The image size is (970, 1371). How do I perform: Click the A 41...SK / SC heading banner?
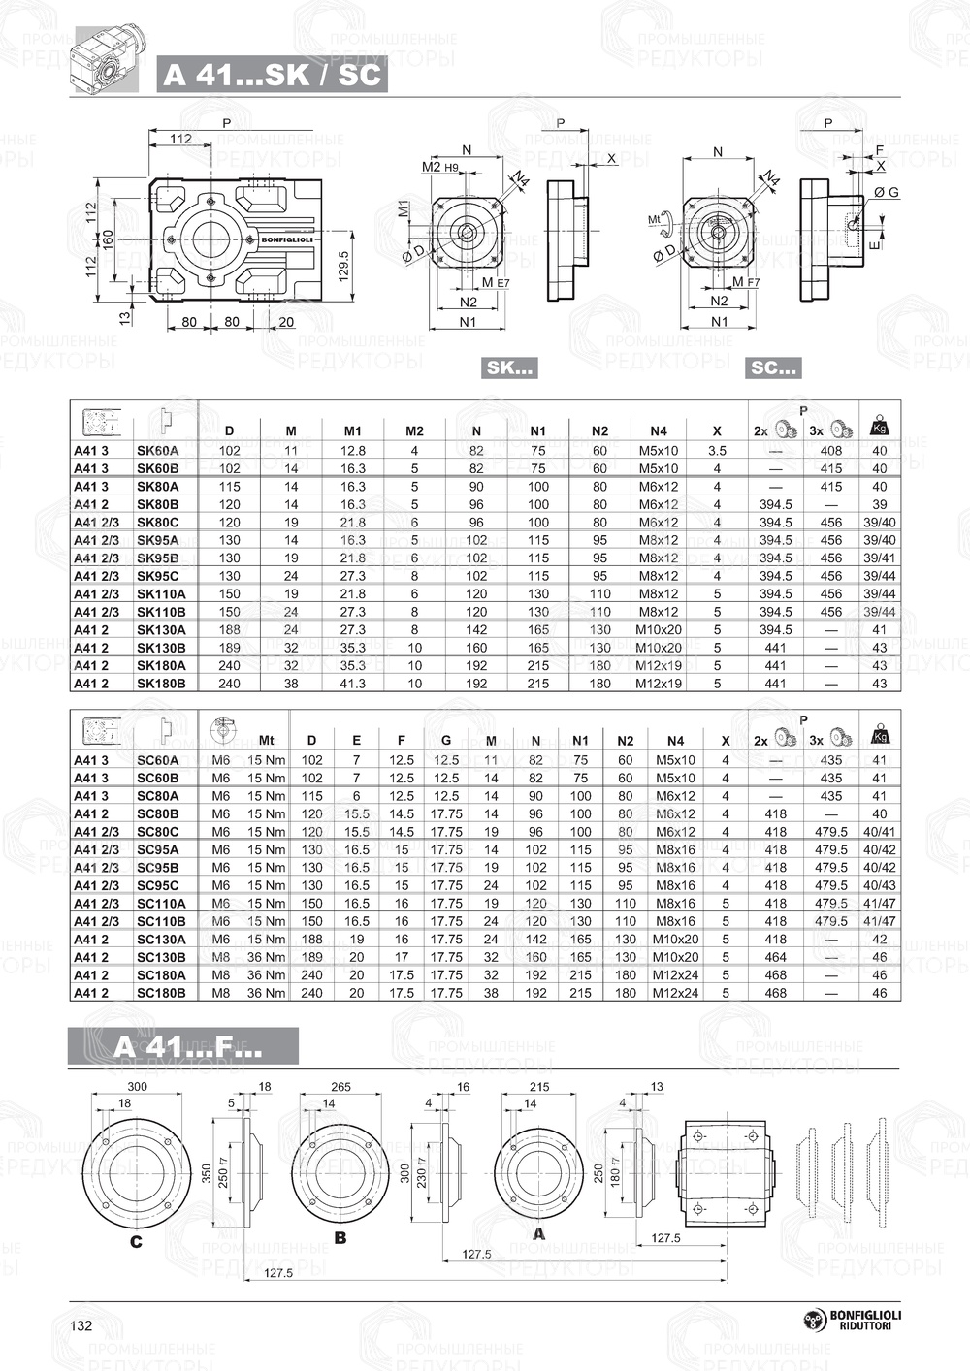pos(272,74)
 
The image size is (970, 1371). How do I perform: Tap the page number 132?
pos(81,1325)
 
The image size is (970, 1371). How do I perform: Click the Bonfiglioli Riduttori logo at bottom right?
pos(853,1320)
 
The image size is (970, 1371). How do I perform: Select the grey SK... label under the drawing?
pos(509,367)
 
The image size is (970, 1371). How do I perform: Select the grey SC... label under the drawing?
pos(773,367)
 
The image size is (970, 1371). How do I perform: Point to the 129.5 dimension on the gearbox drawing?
pos(343,266)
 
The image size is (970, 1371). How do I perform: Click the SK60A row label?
pos(157,451)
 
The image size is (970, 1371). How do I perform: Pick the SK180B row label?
pos(161,684)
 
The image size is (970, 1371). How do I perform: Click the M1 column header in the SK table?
pos(353,431)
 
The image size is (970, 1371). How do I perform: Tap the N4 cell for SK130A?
pos(659,630)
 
